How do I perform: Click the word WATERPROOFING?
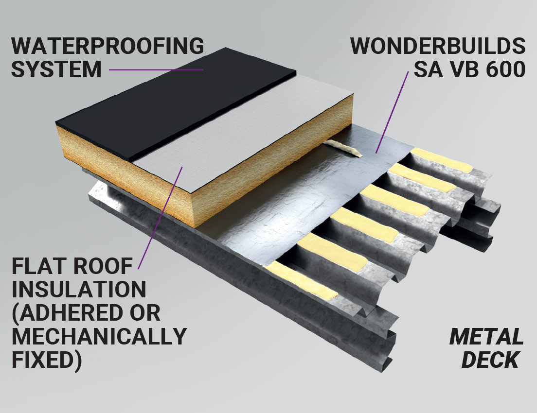(108, 46)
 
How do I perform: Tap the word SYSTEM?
(56, 69)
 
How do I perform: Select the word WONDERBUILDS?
(438, 46)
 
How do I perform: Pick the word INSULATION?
(79, 289)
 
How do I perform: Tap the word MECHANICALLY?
(99, 336)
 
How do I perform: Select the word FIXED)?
(47, 360)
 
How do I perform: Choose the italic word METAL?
(486, 337)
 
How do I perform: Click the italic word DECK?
(490, 360)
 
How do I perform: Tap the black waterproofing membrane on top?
(171, 103)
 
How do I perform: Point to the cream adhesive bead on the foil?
(344, 148)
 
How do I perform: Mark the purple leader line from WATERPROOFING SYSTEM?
(156, 70)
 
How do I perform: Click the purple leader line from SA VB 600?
(393, 112)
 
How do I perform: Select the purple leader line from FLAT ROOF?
(161, 218)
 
